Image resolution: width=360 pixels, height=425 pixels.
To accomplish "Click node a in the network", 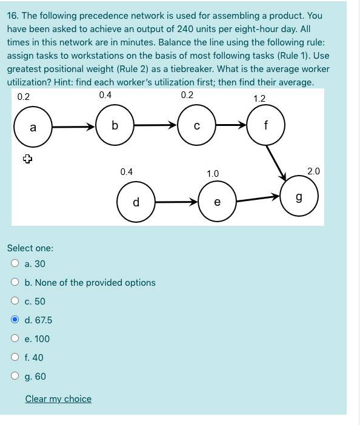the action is (x=33, y=127).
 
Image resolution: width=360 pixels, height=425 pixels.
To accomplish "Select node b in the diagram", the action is (x=115, y=125).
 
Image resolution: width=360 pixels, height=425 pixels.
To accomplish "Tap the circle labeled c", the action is (x=196, y=126).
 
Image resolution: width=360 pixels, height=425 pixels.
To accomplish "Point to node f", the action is (x=266, y=126).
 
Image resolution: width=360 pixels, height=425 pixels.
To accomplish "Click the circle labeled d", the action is (x=136, y=202).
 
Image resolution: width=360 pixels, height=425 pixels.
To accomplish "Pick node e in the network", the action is (x=217, y=202).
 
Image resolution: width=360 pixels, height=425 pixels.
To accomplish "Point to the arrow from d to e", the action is (x=176, y=202).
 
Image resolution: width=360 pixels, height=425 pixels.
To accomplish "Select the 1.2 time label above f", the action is (x=259, y=98).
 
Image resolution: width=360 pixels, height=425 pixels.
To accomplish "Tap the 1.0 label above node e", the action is (x=213, y=174).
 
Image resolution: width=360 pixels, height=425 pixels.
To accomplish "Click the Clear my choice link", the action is (x=58, y=399).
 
